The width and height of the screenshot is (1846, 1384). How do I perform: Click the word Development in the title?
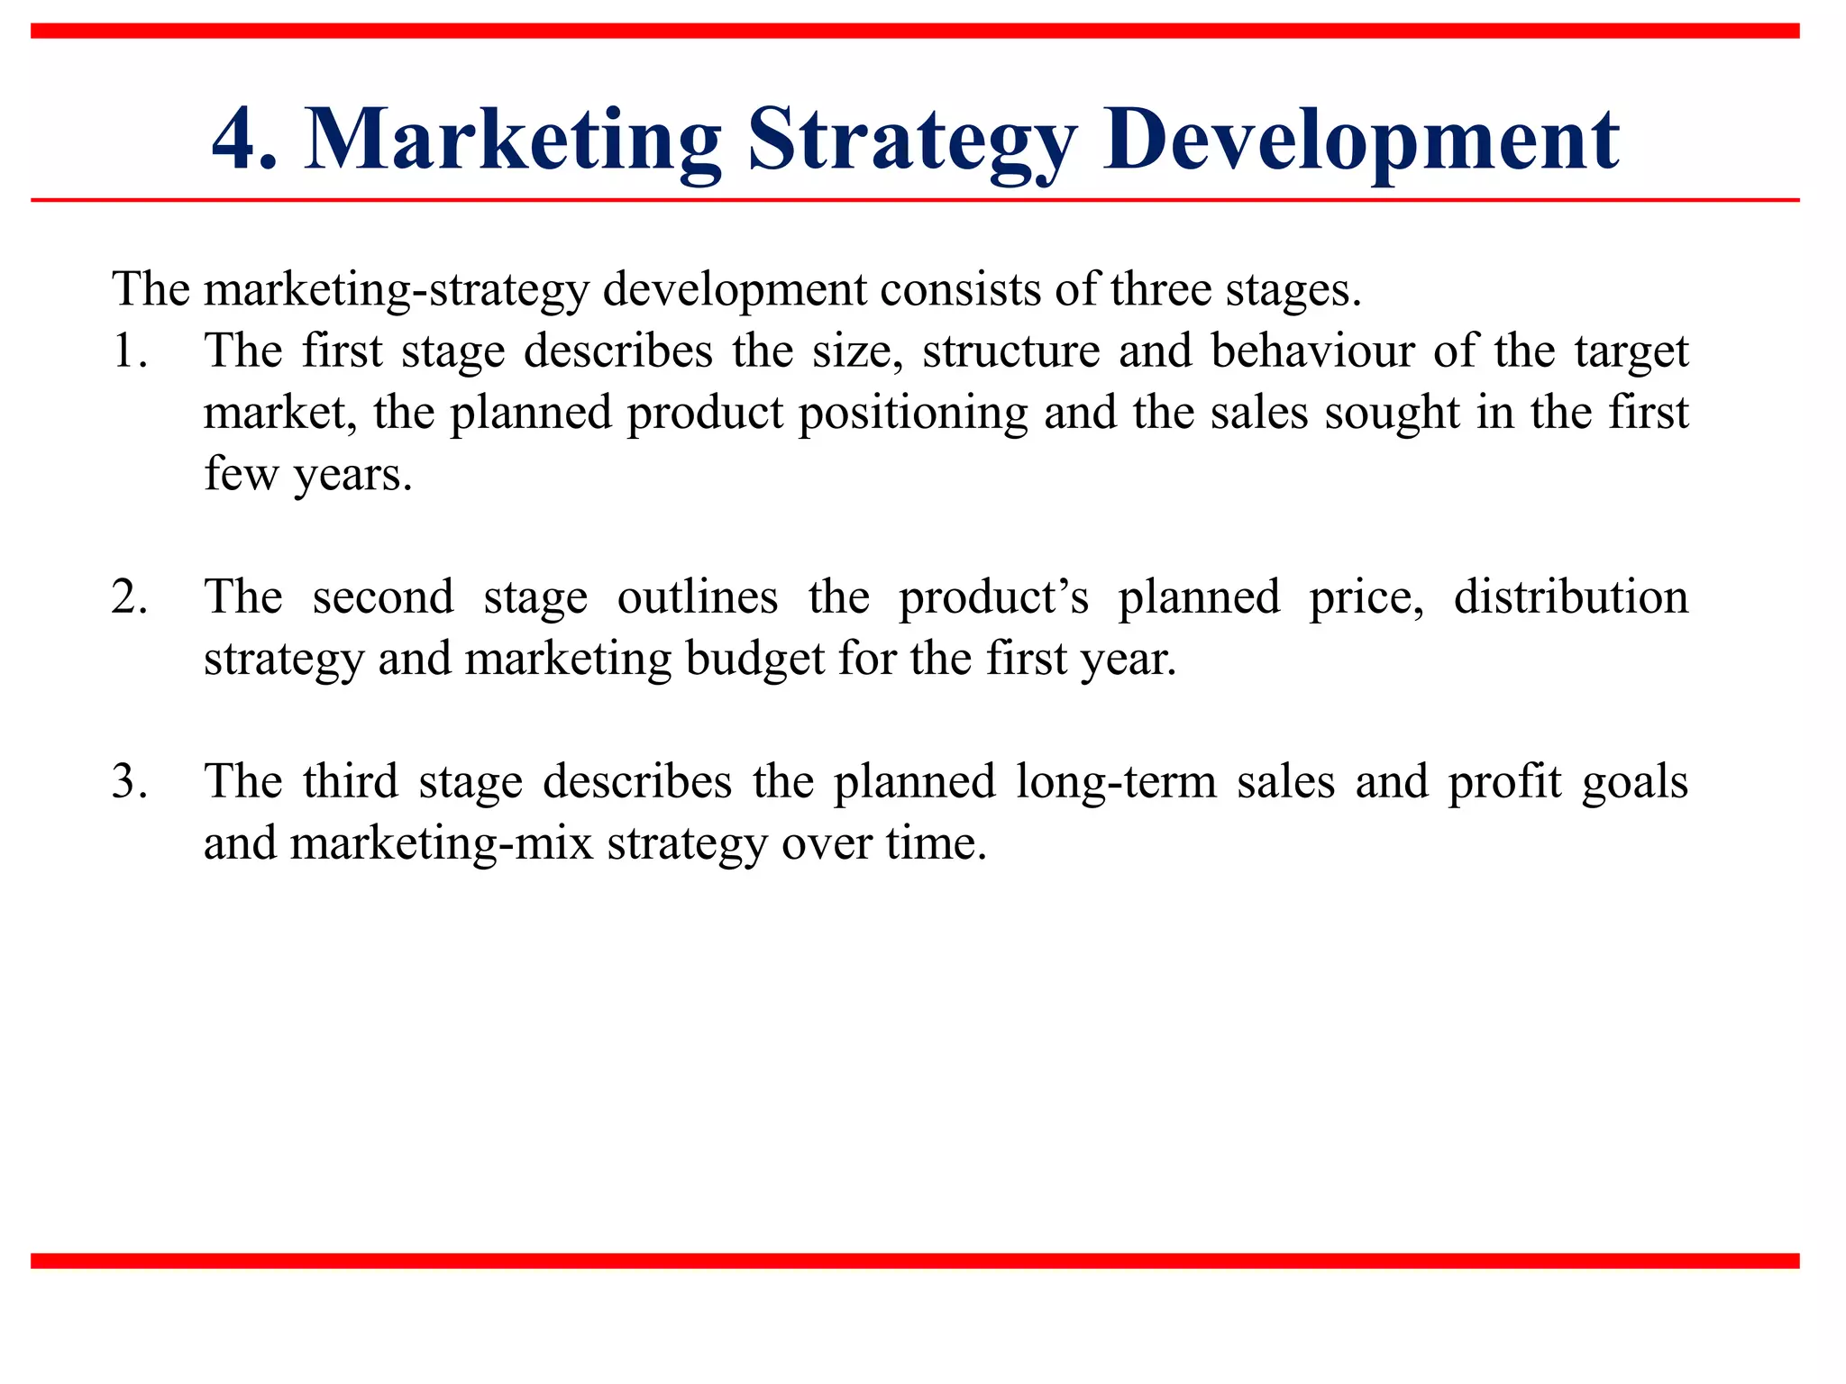click(1361, 140)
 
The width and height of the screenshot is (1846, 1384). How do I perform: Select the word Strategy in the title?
click(911, 140)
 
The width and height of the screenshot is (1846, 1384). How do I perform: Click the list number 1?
click(130, 351)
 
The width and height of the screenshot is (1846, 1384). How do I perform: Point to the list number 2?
click(130, 597)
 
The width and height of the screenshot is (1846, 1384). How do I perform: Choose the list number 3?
click(130, 781)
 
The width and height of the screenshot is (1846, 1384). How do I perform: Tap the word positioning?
click(912, 413)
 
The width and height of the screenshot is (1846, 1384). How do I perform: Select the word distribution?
click(1570, 597)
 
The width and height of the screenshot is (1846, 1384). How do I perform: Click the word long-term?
click(1116, 781)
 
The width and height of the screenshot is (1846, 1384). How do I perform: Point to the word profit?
click(1504, 781)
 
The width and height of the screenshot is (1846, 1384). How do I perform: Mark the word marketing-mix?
click(442, 843)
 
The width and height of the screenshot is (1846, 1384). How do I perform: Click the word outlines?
click(697, 597)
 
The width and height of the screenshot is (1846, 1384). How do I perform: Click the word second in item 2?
click(383, 597)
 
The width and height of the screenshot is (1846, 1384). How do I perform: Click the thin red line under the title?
click(914, 200)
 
